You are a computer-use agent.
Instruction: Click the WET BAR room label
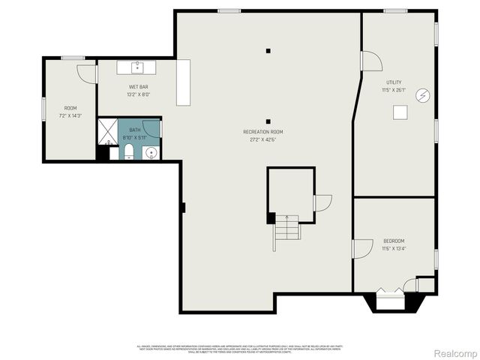(138, 87)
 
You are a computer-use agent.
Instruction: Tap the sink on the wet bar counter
(137, 67)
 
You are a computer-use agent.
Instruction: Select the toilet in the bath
(129, 153)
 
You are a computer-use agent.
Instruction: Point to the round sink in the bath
(151, 153)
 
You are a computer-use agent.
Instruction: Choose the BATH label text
(134, 130)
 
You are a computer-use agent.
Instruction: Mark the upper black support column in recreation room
(268, 51)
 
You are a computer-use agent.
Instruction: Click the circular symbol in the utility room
(424, 95)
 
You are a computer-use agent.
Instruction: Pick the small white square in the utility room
(401, 112)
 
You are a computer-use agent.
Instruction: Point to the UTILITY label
(394, 82)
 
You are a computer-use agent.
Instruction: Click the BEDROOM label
(394, 241)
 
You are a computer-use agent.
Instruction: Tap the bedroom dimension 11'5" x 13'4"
(394, 249)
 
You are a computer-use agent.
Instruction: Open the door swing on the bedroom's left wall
(362, 248)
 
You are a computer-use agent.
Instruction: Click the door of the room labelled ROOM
(86, 73)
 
